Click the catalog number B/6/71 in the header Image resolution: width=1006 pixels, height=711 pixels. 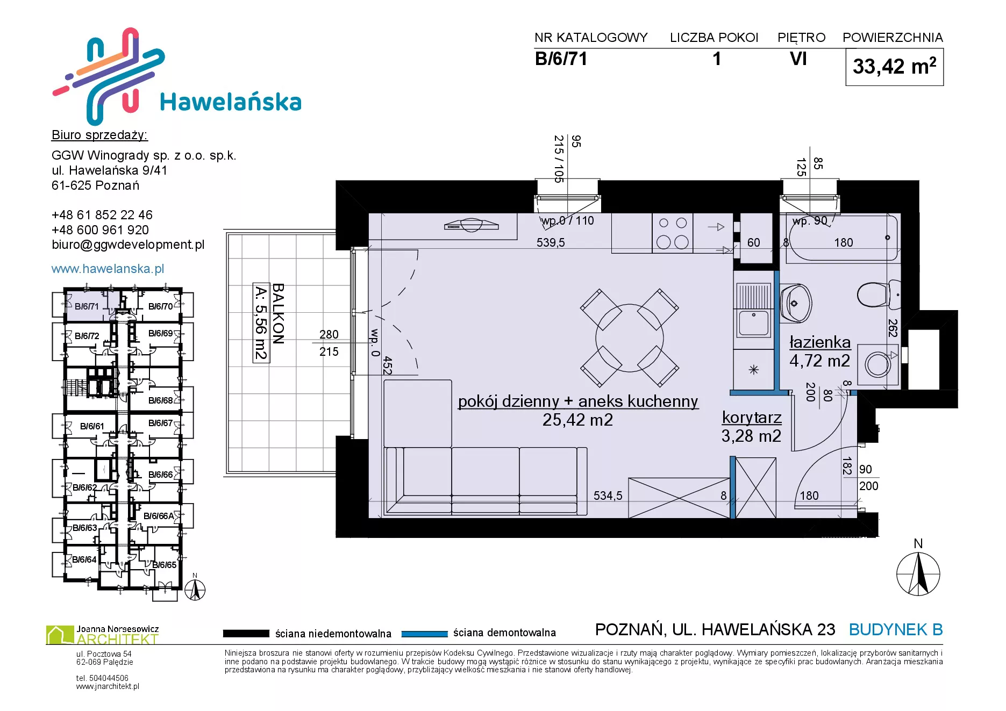point(561,59)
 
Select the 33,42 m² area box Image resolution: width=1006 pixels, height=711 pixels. point(894,67)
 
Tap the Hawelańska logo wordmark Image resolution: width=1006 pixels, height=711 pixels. point(231,102)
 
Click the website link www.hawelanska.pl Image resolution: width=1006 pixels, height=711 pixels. point(108,269)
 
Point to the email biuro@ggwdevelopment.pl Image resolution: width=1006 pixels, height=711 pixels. point(128,245)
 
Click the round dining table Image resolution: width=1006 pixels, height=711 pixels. point(630,338)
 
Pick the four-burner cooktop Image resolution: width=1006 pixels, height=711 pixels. point(673,233)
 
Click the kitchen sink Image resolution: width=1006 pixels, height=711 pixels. point(753,311)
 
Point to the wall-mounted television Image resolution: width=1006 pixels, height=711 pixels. point(471,225)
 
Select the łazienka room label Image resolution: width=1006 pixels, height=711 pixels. point(820,342)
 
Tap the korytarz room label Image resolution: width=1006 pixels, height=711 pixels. point(752,417)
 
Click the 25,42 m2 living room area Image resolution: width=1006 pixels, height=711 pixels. point(577,420)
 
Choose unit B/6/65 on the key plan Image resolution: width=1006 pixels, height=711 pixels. point(164,565)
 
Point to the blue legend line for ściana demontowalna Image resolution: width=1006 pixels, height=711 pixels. point(425,634)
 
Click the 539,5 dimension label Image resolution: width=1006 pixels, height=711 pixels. point(551,242)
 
